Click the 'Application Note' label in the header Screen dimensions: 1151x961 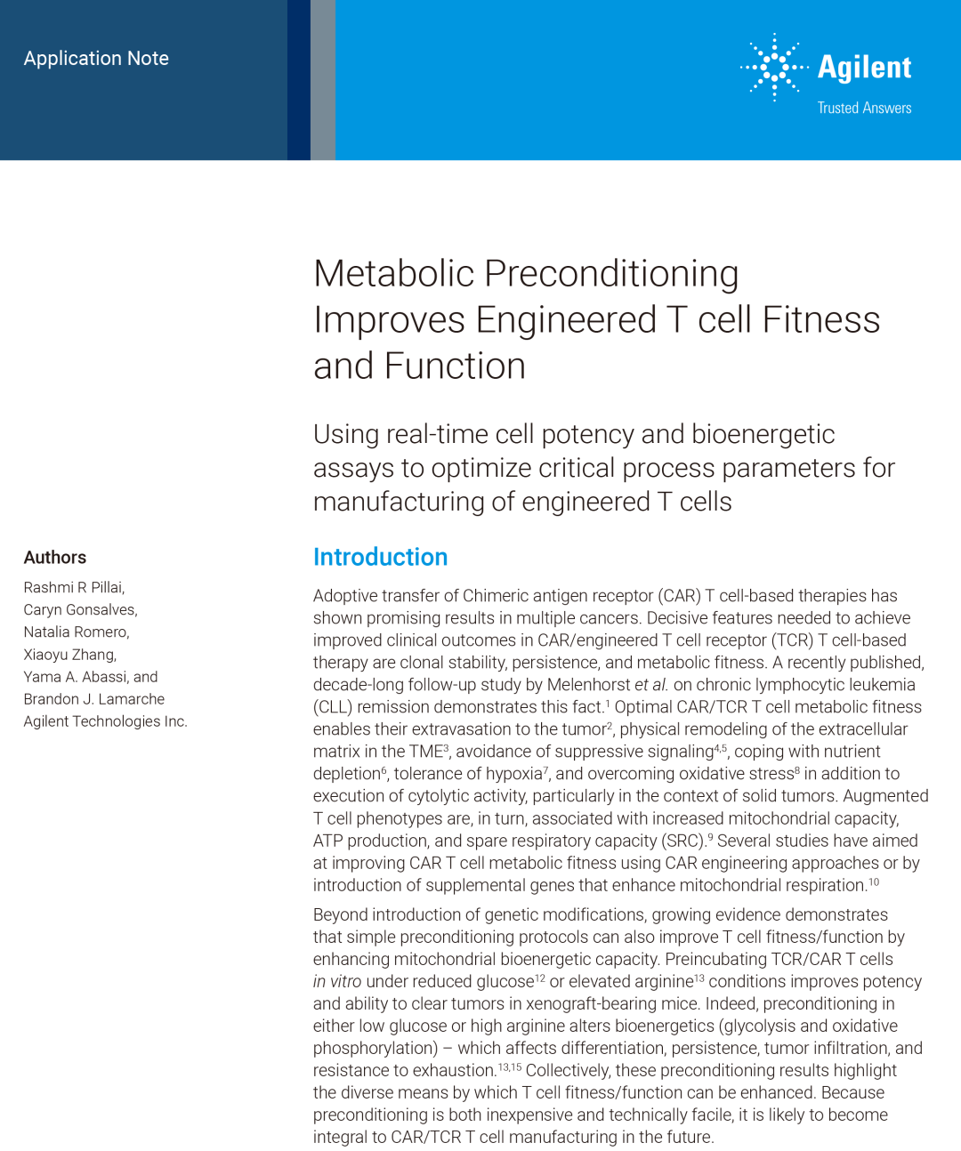(96, 59)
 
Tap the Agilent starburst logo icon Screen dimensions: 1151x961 (774, 67)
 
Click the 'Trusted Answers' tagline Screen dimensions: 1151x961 (864, 108)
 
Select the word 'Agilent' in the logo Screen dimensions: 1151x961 (864, 68)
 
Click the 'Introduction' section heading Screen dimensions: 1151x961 (380, 557)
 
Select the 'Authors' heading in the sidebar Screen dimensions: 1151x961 (55, 558)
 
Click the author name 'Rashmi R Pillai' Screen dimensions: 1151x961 (74, 588)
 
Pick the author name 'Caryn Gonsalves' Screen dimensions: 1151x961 (80, 610)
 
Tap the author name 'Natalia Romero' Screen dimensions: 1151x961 (76, 632)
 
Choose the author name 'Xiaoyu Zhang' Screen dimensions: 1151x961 (69, 655)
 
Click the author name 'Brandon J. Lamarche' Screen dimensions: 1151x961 (93, 699)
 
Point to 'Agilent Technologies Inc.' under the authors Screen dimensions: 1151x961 (105, 721)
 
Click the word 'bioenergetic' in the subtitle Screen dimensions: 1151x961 (763, 434)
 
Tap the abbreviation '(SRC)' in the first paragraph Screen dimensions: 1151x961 (683, 841)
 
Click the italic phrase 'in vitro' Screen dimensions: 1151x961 (337, 981)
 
